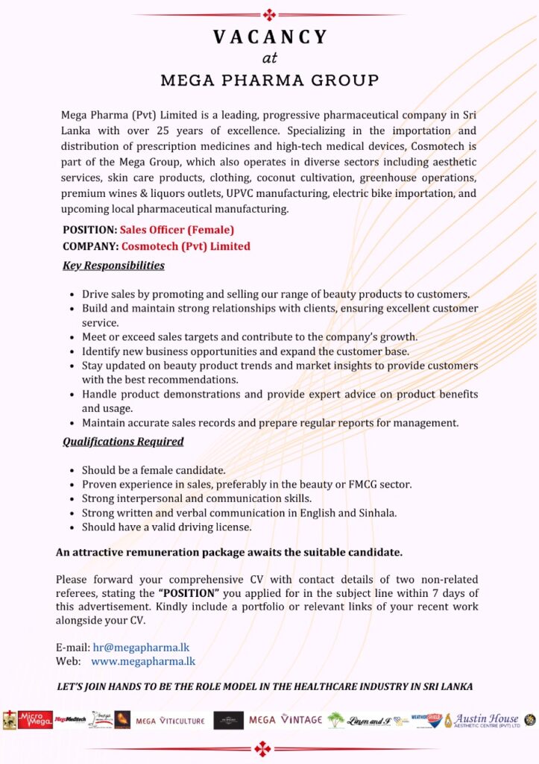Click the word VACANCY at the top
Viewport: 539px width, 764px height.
click(x=269, y=37)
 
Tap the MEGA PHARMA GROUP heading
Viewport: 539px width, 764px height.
click(x=269, y=80)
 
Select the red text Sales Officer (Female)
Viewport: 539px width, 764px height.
click(x=177, y=230)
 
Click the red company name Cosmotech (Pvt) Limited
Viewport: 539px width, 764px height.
click(x=186, y=246)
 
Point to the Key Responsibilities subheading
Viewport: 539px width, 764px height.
click(x=113, y=265)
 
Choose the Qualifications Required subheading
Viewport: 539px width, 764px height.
click(x=123, y=441)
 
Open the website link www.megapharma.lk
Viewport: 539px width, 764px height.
click(x=143, y=661)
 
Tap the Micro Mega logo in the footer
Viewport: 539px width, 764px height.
click(x=35, y=720)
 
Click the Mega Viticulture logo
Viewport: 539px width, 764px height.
click(x=169, y=721)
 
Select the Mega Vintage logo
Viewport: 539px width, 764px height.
click(x=286, y=720)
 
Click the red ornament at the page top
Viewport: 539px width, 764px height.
click(x=269, y=14)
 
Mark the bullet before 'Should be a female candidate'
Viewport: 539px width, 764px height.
click(x=72, y=471)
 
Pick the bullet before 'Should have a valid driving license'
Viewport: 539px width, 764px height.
click(x=72, y=527)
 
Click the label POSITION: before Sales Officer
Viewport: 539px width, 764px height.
click(x=89, y=230)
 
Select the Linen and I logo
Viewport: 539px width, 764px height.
click(x=369, y=721)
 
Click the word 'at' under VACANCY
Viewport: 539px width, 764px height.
click(x=269, y=58)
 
